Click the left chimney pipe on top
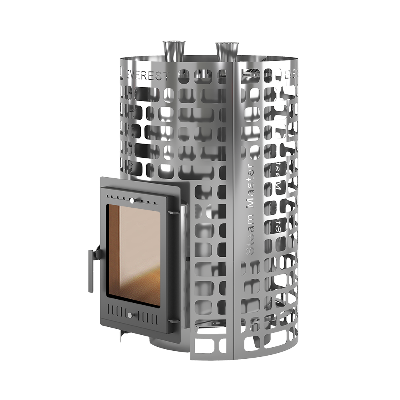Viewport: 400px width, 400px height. pyautogui.click(x=172, y=51)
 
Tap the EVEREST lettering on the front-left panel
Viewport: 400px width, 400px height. pyautogui.click(x=146, y=74)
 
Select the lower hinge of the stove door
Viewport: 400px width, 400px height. pyautogui.click(x=173, y=320)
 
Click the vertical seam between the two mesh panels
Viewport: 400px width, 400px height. pyautogui.click(x=234, y=208)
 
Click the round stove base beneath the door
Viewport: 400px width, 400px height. pyautogui.click(x=164, y=342)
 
